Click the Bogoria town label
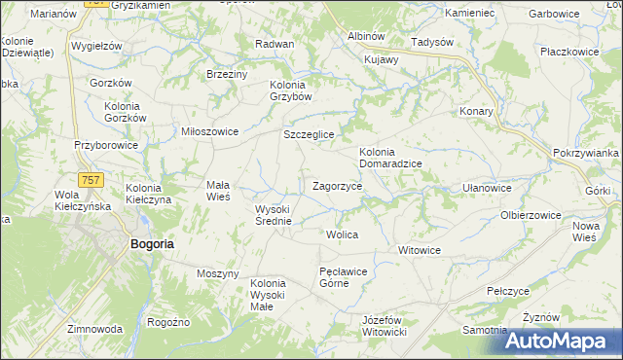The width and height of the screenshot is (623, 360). point(151,244)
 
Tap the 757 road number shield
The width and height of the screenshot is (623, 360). point(92,180)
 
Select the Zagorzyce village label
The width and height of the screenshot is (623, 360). point(338,185)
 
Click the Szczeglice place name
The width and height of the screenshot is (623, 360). point(309,134)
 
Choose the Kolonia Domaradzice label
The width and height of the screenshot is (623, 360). point(390,158)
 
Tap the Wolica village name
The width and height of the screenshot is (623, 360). point(343,235)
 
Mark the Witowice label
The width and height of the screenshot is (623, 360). point(420,250)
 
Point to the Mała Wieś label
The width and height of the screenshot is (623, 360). point(216,190)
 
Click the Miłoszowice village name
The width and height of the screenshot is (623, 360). point(203,131)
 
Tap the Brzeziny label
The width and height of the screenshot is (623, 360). point(227,74)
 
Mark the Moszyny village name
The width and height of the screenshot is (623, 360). point(217,273)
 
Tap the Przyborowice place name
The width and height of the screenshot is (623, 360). point(106,145)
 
